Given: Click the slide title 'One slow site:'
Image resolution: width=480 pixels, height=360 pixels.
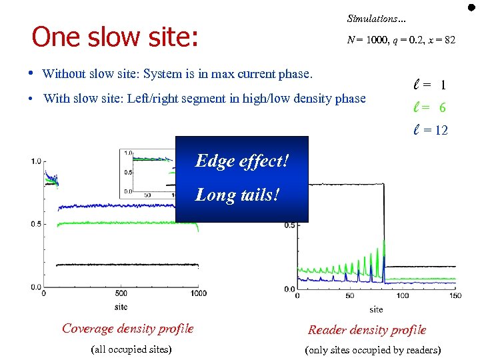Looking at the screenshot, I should coord(115,37).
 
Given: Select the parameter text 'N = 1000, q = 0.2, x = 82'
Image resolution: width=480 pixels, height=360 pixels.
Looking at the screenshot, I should coord(401,40).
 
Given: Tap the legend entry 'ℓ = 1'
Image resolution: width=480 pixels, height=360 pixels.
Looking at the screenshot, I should coord(430,85).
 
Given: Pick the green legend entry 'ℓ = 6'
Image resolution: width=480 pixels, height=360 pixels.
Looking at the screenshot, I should coord(430,108).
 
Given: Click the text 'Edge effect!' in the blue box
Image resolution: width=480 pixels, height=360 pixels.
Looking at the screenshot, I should coord(241,161).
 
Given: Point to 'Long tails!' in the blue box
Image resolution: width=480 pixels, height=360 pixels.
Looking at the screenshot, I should coord(237,195).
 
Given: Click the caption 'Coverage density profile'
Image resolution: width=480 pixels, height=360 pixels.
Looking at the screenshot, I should coord(127,328).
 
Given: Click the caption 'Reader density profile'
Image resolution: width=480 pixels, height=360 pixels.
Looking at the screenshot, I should coord(367,329).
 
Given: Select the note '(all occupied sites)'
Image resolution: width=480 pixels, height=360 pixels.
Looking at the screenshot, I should coord(130,349).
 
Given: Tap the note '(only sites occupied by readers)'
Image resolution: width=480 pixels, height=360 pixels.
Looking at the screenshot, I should coord(372,350).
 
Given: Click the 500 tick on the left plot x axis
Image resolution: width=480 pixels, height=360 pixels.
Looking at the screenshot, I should coord(121,293).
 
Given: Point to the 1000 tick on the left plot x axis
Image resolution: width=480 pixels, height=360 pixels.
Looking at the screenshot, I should coord(198,293).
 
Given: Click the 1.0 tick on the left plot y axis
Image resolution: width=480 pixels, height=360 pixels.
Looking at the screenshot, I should coord(35,161).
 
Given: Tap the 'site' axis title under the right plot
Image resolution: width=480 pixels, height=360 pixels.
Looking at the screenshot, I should coord(376,309).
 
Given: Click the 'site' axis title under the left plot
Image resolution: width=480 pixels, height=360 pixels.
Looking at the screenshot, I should coord(120,307).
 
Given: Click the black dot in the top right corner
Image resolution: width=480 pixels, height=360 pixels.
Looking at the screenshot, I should coord(471,7).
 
